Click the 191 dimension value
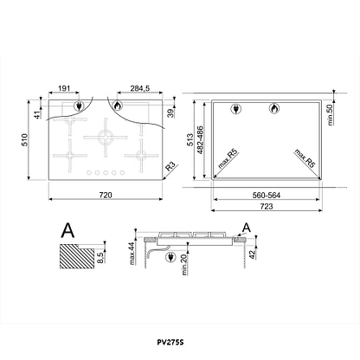point(64,88)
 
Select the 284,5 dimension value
point(140,88)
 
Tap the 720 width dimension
point(106,196)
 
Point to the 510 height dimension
point(25,139)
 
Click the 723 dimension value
point(267,207)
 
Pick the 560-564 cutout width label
point(267,196)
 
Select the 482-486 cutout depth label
point(200,140)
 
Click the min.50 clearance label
point(330,115)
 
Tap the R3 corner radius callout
point(170,167)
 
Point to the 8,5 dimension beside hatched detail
point(100,257)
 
